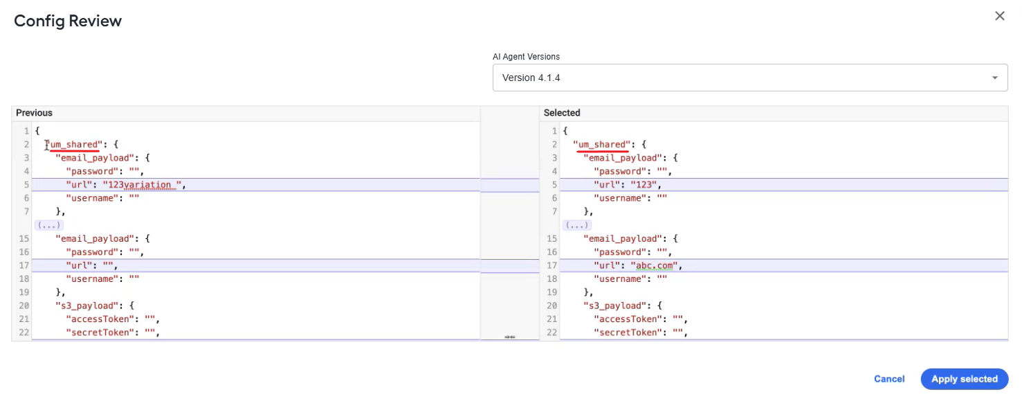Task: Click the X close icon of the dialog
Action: tap(1000, 16)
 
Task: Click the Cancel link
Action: tap(888, 379)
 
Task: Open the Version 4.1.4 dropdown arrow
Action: tap(994, 78)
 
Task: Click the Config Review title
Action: tap(68, 21)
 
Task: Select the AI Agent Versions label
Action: tap(526, 57)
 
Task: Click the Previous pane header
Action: tap(34, 113)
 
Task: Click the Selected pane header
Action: tap(562, 113)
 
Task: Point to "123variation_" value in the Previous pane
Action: tap(142, 185)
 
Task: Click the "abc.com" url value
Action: tap(655, 266)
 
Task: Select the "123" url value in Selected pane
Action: tap(644, 185)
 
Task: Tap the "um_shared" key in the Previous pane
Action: tap(74, 145)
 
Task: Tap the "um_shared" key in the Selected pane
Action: tap(602, 145)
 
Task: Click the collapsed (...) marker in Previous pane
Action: tap(49, 225)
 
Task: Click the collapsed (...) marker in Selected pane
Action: tap(576, 225)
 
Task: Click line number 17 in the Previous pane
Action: tap(24, 266)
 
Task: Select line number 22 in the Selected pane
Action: tap(552, 332)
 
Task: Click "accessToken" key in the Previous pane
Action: tap(100, 319)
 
